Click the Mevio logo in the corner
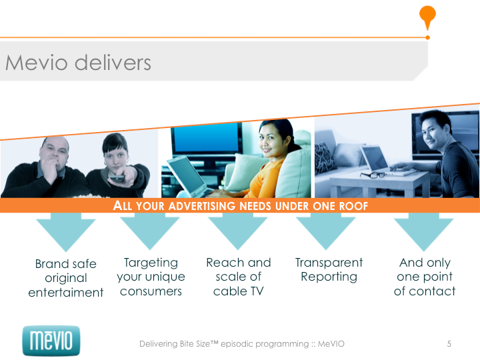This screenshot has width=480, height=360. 51,341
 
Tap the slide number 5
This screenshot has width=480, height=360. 449,344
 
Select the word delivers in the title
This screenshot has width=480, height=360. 113,63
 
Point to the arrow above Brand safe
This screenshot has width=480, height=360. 66,232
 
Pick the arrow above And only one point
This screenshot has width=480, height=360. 424,232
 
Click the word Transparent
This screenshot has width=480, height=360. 329,263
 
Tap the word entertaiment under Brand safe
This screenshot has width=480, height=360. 66,293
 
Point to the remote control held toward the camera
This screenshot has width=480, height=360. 117,177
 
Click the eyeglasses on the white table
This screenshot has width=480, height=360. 372,175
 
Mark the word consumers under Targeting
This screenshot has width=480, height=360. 151,291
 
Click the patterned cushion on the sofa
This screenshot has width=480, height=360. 326,158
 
